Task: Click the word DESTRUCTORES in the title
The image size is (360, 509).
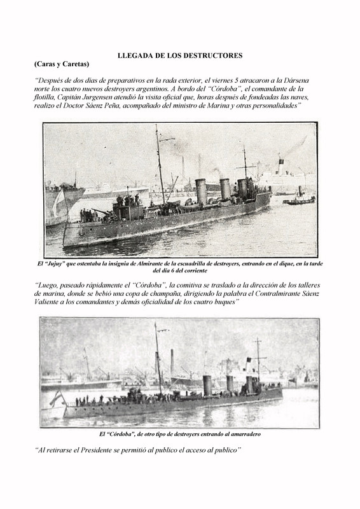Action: (x=211, y=56)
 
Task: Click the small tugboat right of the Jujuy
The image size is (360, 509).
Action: (x=298, y=200)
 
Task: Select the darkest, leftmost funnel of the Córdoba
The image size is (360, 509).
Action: (x=207, y=386)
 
